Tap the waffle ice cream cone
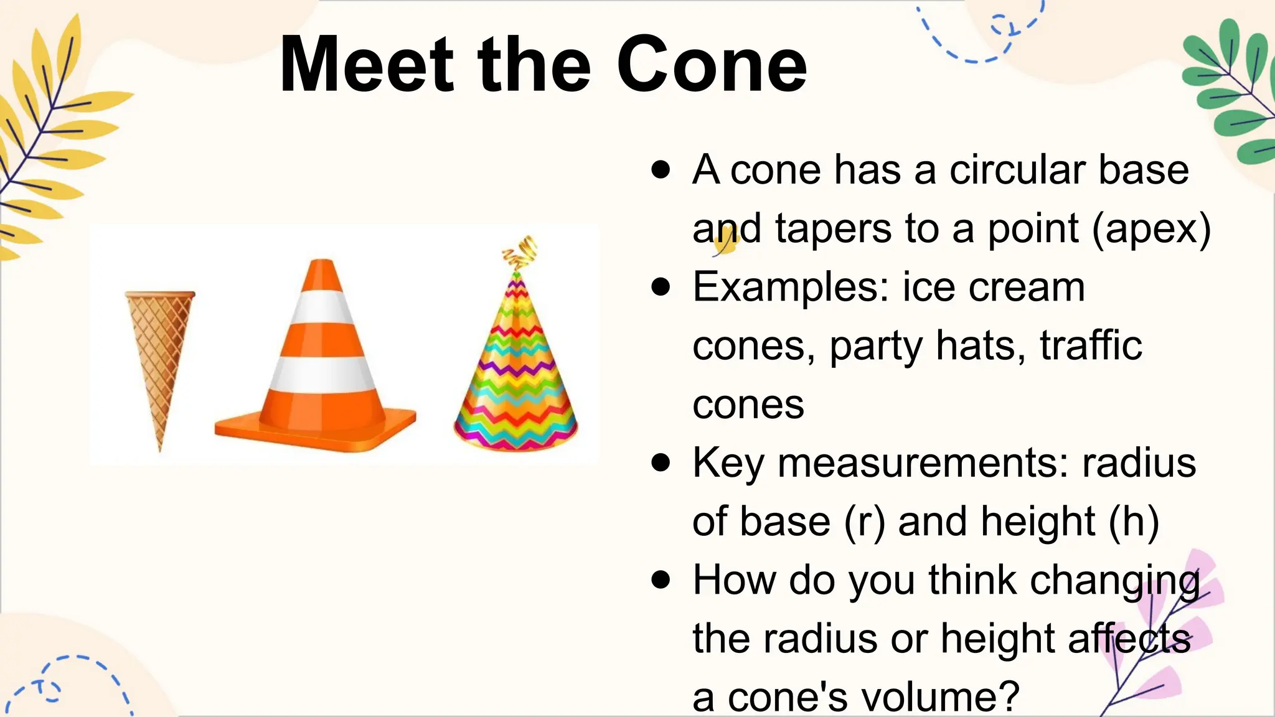click(x=161, y=349)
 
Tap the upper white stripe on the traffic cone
click(x=322, y=307)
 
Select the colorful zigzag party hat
click(x=515, y=373)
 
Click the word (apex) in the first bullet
click(x=1151, y=228)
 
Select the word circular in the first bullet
click(x=1017, y=170)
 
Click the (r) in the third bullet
click(x=864, y=522)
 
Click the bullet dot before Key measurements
click(x=661, y=463)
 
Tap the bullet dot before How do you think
click(x=661, y=580)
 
